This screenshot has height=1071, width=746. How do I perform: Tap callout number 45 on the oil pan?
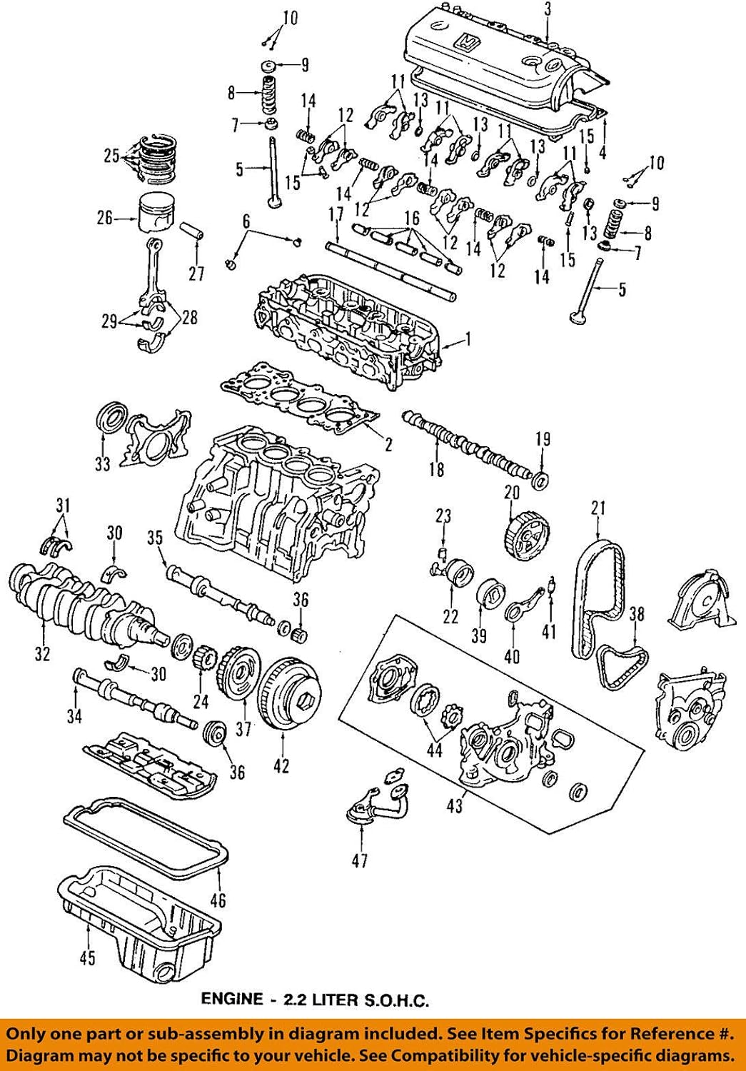point(86,957)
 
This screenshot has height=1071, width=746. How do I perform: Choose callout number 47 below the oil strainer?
point(360,860)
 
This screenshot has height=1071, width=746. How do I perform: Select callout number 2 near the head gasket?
point(388,445)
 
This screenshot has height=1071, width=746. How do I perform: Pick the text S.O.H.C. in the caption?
point(396,1000)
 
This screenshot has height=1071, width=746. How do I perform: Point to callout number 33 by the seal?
point(102,464)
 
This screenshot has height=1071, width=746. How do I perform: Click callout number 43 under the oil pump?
point(455,806)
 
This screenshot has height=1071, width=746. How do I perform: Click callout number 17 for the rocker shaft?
point(336,214)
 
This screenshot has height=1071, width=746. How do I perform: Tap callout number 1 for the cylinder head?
point(468,341)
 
